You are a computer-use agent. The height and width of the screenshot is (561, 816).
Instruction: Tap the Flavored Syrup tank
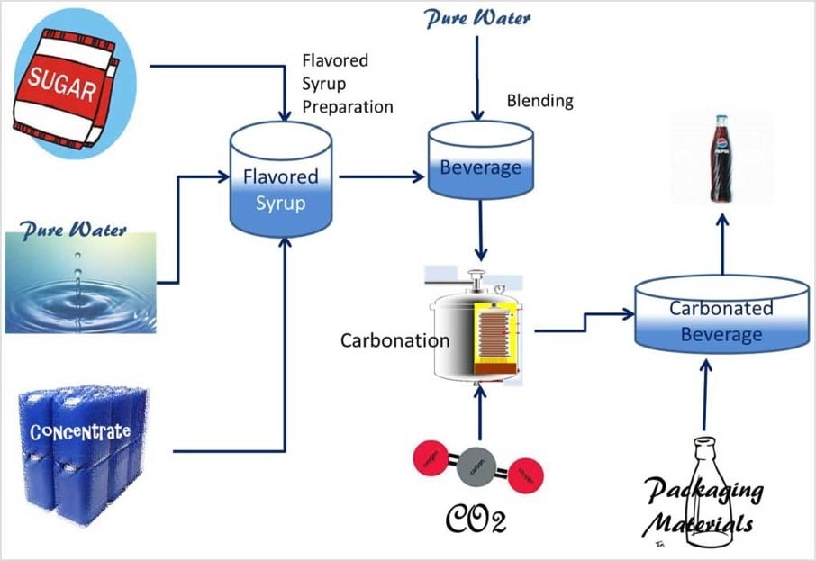pos(281,188)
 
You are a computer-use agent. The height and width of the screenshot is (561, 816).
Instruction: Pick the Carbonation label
pos(394,341)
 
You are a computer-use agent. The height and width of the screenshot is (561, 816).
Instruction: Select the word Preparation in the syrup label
pos(348,107)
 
